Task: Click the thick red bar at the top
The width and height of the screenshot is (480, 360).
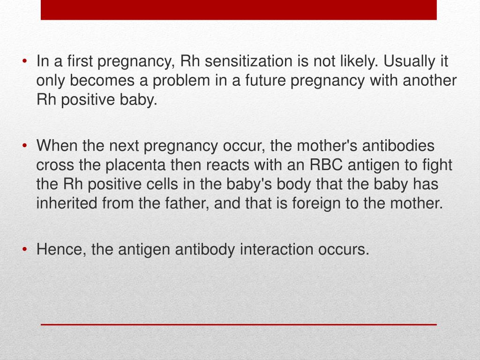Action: click(x=239, y=10)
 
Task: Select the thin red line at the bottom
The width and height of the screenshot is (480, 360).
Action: click(x=239, y=324)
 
